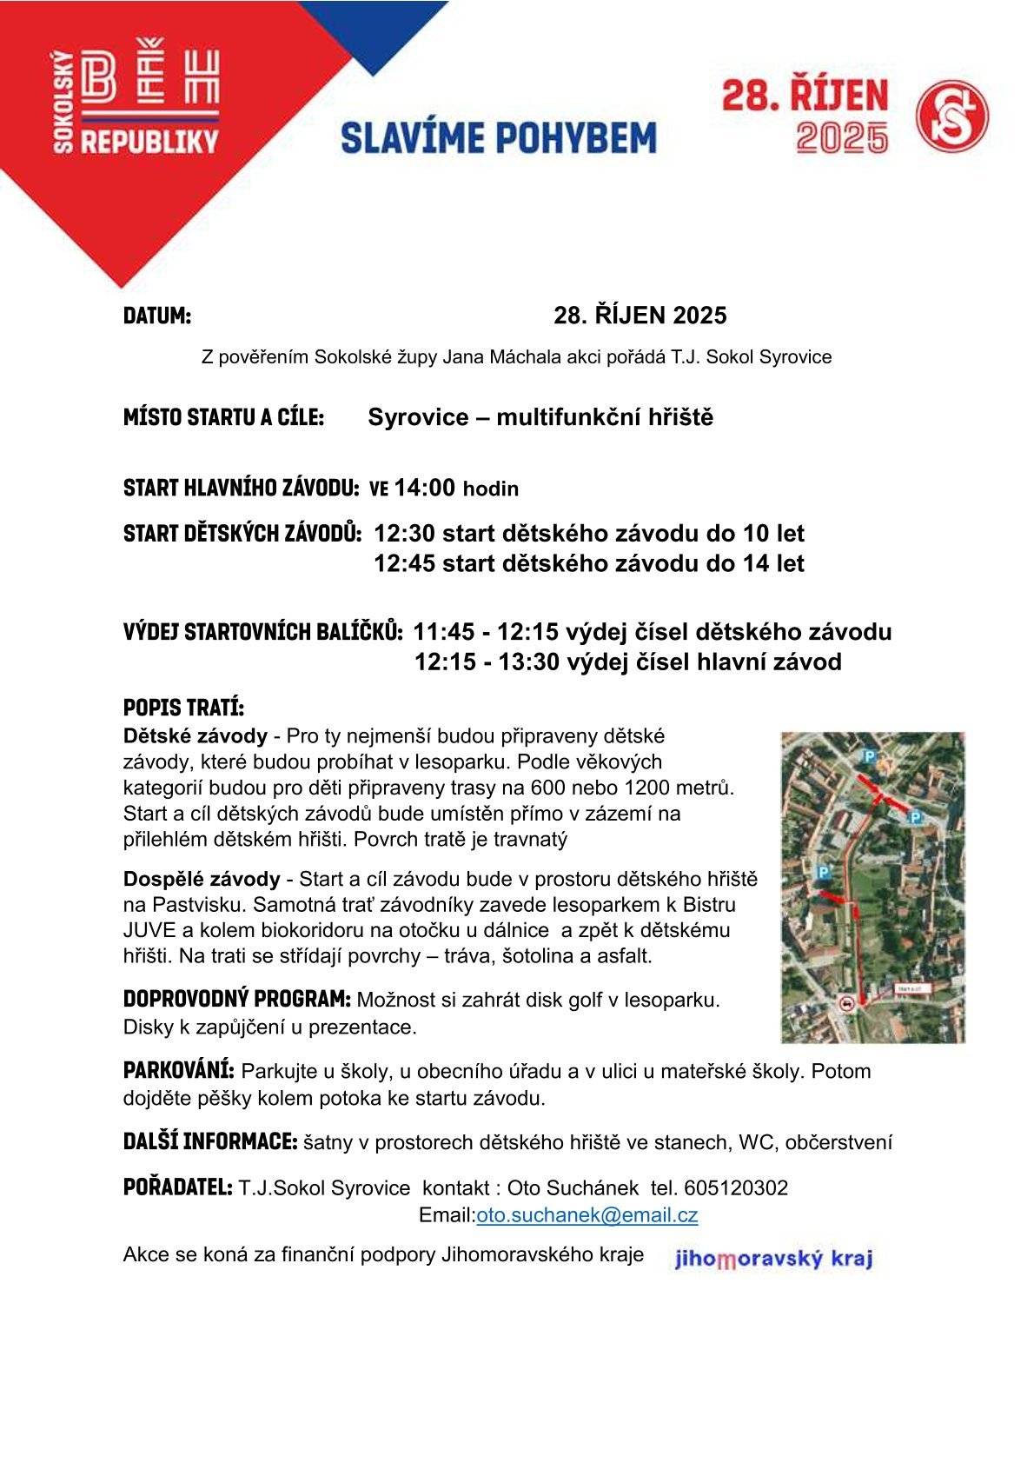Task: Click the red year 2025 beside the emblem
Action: (x=842, y=137)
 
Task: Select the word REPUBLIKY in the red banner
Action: (x=149, y=141)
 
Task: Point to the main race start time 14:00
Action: (x=425, y=488)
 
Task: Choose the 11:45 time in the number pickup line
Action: (x=444, y=631)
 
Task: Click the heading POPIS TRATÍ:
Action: (x=183, y=705)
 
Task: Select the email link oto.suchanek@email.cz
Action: (x=587, y=1215)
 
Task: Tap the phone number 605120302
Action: (x=736, y=1187)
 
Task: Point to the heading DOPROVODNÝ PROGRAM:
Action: (x=236, y=999)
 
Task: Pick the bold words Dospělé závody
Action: (x=202, y=879)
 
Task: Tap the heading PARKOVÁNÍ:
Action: (x=178, y=1070)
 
